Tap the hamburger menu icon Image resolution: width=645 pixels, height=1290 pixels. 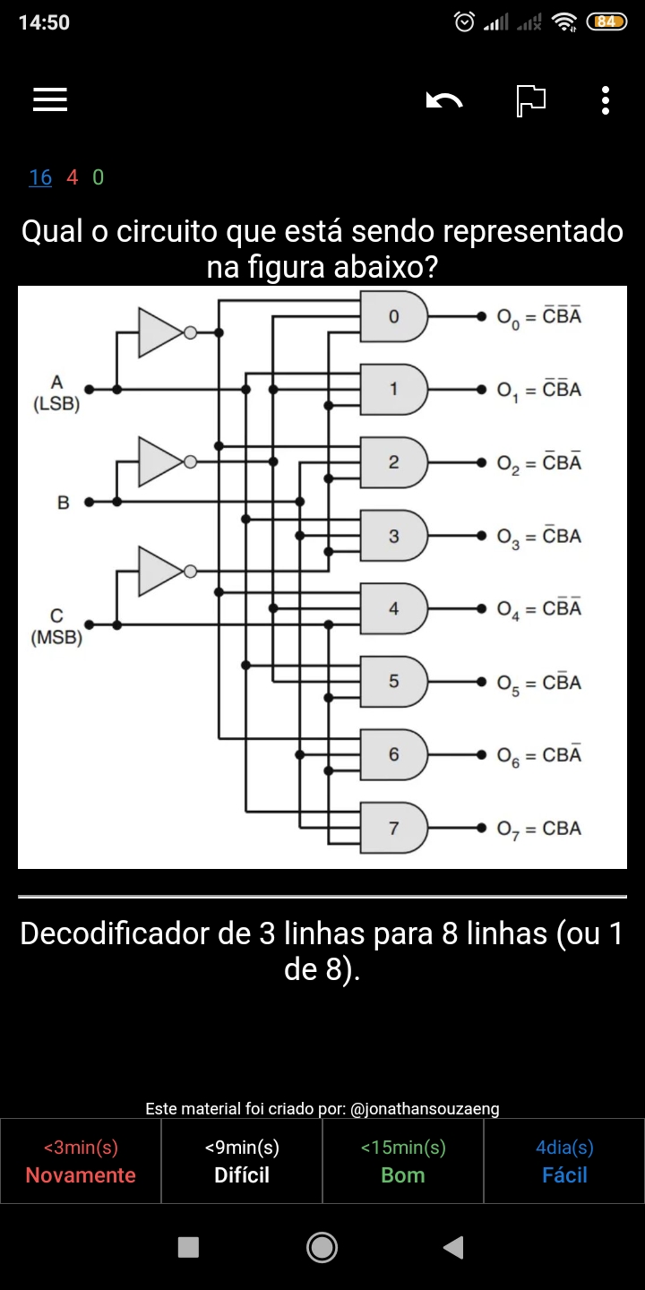[x=50, y=99]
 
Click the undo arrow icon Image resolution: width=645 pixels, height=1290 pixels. [x=444, y=100]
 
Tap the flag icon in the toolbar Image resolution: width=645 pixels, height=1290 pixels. [x=530, y=100]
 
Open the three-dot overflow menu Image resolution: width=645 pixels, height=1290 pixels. [x=605, y=100]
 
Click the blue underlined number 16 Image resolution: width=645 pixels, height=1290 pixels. [x=40, y=177]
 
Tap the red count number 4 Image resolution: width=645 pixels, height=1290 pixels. [x=72, y=176]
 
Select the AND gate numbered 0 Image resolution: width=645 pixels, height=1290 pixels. [x=394, y=316]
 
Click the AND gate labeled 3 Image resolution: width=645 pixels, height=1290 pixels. [x=394, y=536]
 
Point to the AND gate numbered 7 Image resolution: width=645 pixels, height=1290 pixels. [x=394, y=828]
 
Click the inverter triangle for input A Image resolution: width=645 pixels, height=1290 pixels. [x=160, y=332]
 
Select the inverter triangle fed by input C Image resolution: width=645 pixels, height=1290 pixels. [x=160, y=571]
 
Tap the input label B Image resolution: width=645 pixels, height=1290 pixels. [x=64, y=503]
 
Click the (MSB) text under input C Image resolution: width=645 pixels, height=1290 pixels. [x=56, y=638]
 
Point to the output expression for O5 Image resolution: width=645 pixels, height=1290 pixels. [x=539, y=683]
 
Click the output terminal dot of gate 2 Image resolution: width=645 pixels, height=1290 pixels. [x=481, y=462]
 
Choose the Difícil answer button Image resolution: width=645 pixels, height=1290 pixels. [x=242, y=1160]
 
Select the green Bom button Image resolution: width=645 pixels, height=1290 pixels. [x=403, y=1160]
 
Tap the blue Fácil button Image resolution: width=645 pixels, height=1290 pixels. [x=564, y=1160]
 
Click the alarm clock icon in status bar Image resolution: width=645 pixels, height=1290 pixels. [x=465, y=21]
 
